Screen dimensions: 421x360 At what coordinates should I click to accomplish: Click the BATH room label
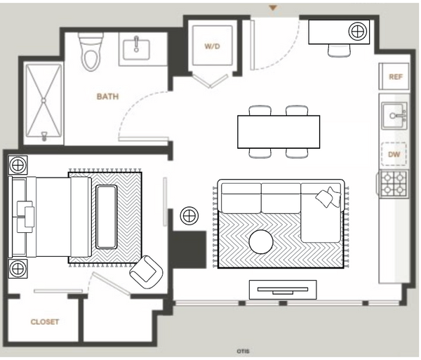pyautogui.click(x=107, y=96)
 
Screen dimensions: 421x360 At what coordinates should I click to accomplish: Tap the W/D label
pyautogui.click(x=212, y=46)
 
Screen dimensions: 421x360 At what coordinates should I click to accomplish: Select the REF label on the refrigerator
pyautogui.click(x=396, y=77)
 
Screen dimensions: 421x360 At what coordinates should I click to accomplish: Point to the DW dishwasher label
pyautogui.click(x=394, y=154)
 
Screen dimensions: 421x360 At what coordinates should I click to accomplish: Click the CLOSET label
pyautogui.click(x=45, y=321)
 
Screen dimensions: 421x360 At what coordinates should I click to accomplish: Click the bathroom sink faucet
pyautogui.click(x=136, y=44)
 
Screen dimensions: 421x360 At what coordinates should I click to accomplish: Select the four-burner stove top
pyautogui.click(x=394, y=184)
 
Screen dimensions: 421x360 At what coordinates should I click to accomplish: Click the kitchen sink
pyautogui.click(x=394, y=116)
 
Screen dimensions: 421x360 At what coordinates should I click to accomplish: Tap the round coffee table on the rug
pyautogui.click(x=261, y=241)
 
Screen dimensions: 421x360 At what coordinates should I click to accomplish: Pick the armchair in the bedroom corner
pyautogui.click(x=147, y=272)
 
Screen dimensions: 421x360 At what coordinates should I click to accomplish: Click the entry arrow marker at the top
pyautogui.click(x=273, y=8)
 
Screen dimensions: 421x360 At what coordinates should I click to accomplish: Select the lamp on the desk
pyautogui.click(x=357, y=31)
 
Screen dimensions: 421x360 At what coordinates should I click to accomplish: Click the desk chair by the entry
pyautogui.click(x=339, y=51)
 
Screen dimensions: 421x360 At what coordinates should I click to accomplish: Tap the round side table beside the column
pyautogui.click(x=189, y=215)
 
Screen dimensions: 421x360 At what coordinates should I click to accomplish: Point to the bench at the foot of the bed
pyautogui.click(x=107, y=217)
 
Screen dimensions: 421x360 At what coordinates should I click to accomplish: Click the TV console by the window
pyautogui.click(x=283, y=290)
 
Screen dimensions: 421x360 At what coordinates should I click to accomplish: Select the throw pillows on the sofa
pyautogui.click(x=328, y=196)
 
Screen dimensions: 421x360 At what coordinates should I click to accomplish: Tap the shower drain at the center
pyautogui.click(x=44, y=100)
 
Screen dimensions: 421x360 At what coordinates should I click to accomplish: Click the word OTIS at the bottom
pyautogui.click(x=243, y=351)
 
